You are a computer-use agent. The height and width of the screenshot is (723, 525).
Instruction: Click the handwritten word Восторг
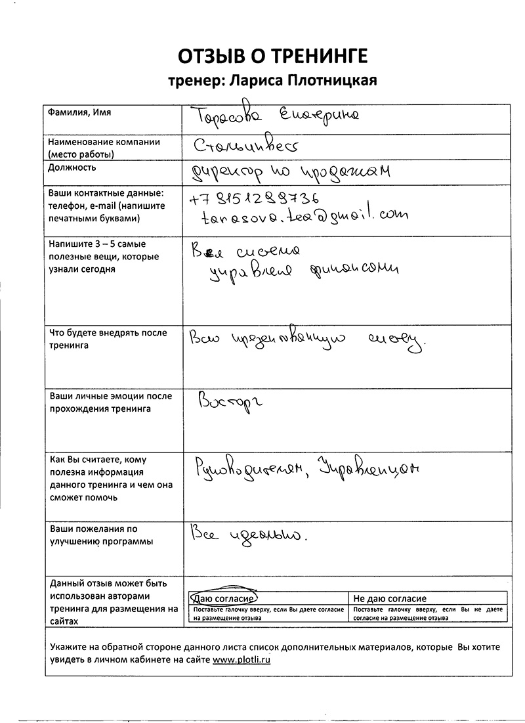tap(229, 403)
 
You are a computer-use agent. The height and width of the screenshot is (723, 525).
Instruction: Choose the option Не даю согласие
tap(390, 598)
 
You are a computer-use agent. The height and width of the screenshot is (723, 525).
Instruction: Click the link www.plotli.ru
tap(241, 661)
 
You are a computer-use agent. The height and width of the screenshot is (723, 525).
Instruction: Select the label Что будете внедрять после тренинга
tap(108, 339)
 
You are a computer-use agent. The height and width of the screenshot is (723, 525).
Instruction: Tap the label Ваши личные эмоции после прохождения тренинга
tap(110, 403)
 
